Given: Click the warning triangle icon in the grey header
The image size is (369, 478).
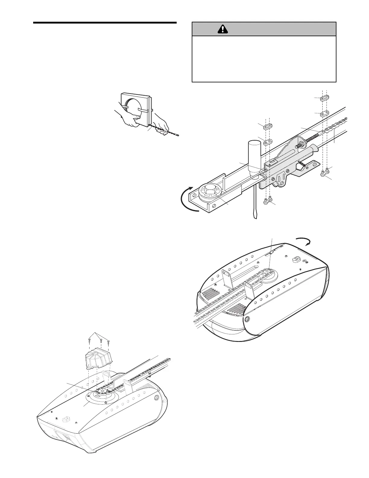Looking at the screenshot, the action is pyautogui.click(x=222, y=29).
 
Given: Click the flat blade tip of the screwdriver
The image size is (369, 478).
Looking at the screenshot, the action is pyautogui.click(x=254, y=217).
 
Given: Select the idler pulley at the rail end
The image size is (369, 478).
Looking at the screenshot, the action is pyautogui.click(x=210, y=192).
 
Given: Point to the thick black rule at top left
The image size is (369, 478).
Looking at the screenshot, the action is pyautogui.click(x=105, y=23).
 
